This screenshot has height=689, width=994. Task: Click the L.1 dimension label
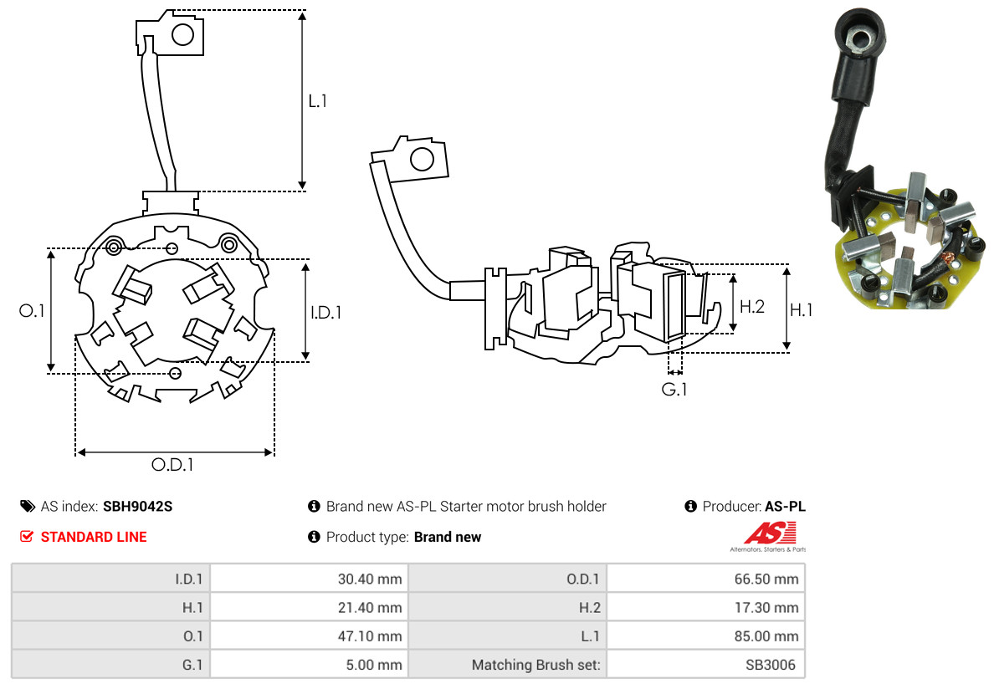click(317, 101)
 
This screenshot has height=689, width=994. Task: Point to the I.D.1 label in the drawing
click(325, 313)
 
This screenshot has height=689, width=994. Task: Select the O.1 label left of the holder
click(32, 311)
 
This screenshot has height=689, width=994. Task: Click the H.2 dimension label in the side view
click(752, 306)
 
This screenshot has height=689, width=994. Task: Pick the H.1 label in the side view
click(802, 310)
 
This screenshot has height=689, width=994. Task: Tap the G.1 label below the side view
click(674, 390)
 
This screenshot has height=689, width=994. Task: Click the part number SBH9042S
click(137, 507)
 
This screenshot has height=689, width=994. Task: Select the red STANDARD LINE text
click(94, 538)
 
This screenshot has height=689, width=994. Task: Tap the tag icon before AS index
click(27, 507)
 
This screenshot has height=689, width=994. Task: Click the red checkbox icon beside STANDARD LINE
click(27, 537)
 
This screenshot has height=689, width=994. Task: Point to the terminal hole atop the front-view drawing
click(182, 35)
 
